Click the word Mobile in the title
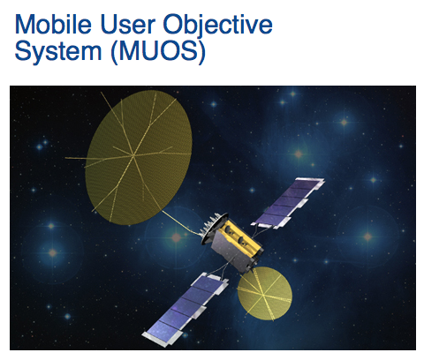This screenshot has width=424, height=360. pyautogui.click(x=53, y=24)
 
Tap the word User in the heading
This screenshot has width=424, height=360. pyautogui.click(x=127, y=24)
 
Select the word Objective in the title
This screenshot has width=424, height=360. pyautogui.click(x=218, y=26)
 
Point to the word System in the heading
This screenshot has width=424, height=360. pyautogui.click(x=58, y=51)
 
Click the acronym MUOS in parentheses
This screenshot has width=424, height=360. pyautogui.click(x=158, y=51)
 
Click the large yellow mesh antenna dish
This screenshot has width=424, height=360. pyautogui.click(x=139, y=157)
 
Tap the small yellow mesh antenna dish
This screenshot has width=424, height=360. pyautogui.click(x=265, y=293)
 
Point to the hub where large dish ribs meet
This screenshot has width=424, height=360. pyautogui.click(x=134, y=154)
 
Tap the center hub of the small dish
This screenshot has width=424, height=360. pyautogui.click(x=263, y=293)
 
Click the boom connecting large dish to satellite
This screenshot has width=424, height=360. pyautogui.click(x=180, y=222)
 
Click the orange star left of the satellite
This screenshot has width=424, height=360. pyautogui.click(x=176, y=237)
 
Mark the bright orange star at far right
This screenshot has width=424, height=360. pyautogui.click(x=367, y=236)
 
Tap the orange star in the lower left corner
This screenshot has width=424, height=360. pyautogui.click(x=52, y=252)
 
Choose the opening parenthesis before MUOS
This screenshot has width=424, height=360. pyautogui.click(x=113, y=52)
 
